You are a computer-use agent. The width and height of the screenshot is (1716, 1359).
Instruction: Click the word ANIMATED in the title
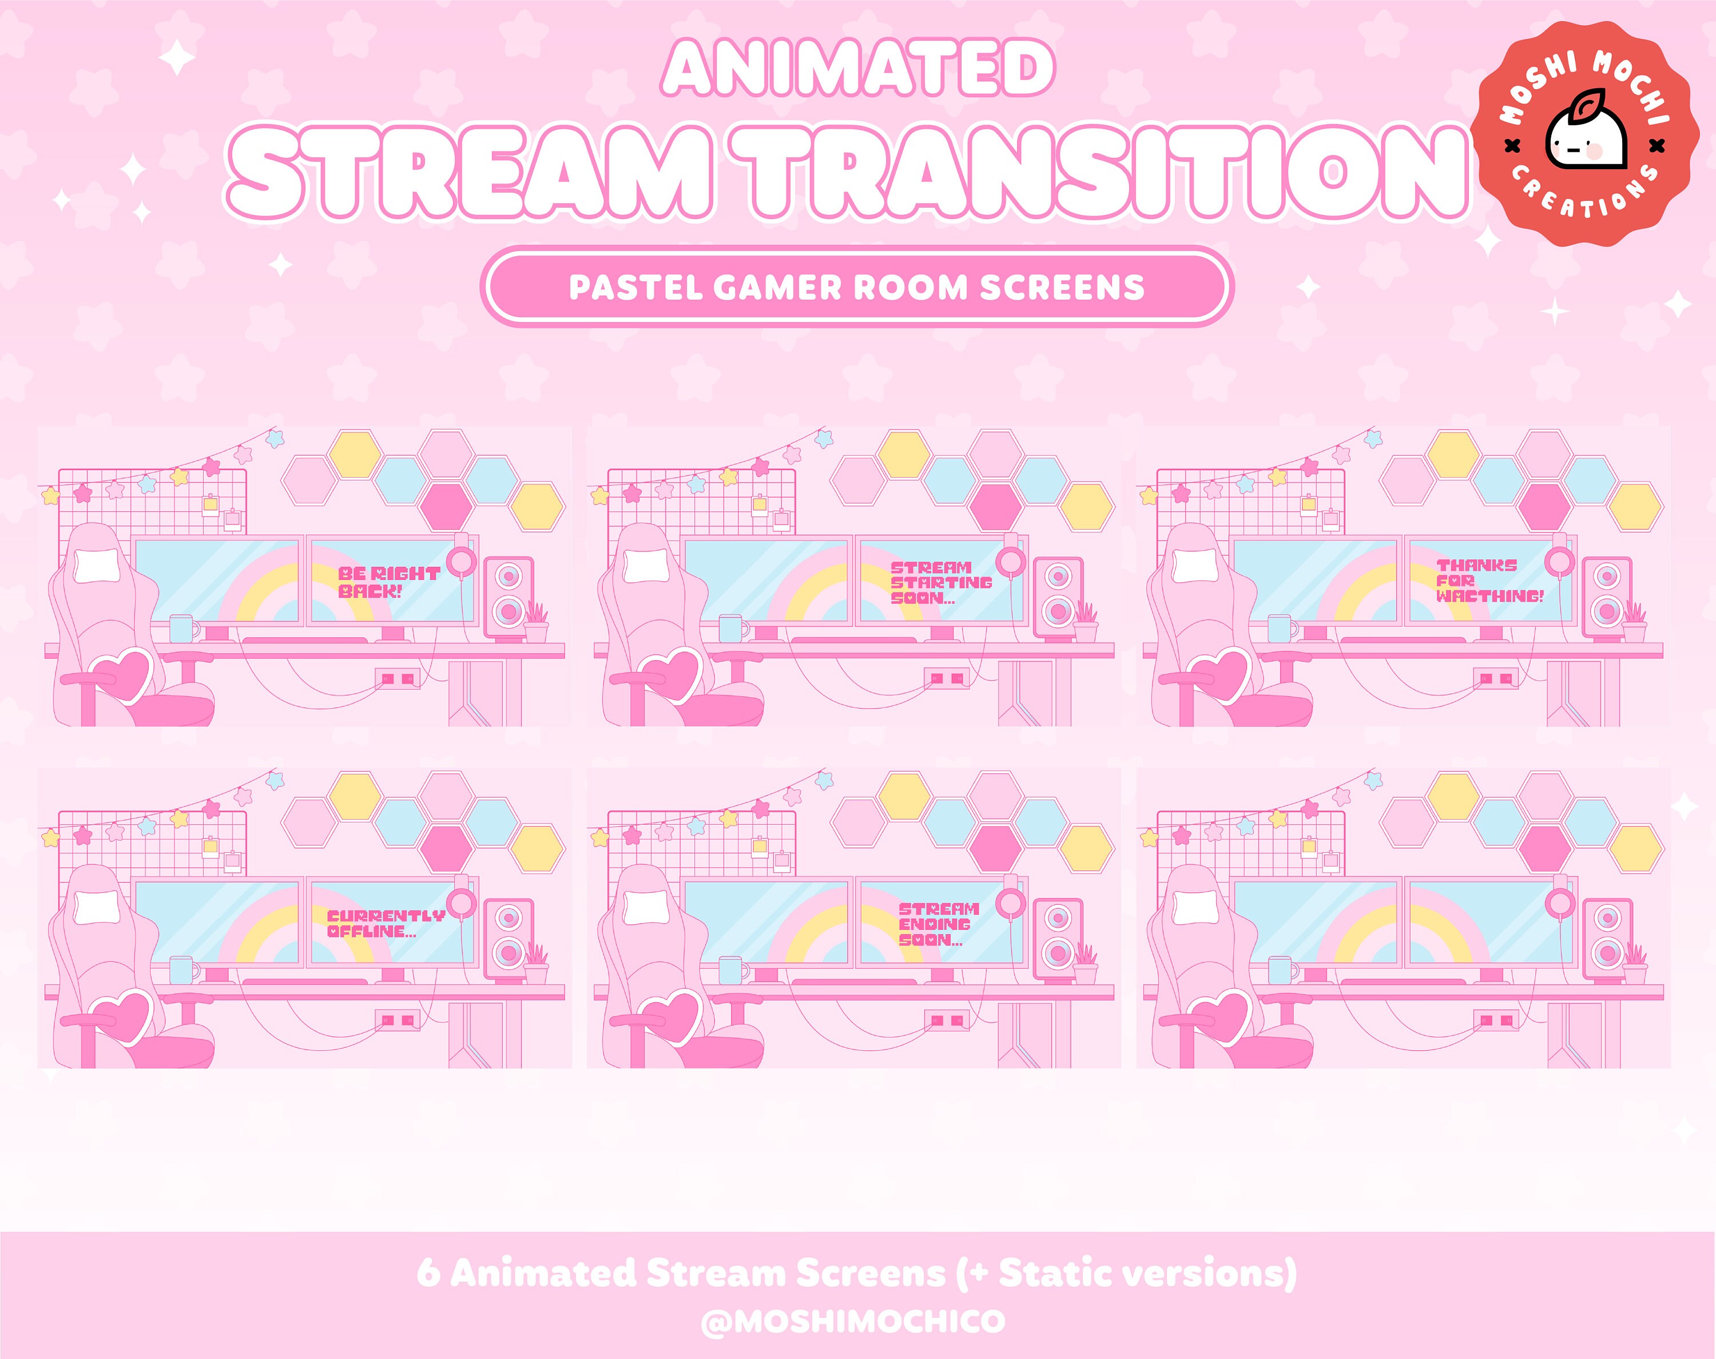[x=857, y=69]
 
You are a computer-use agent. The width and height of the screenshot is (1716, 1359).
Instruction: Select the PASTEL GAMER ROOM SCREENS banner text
[x=857, y=287]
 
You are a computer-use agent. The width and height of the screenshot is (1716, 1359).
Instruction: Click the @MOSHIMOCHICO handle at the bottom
[x=853, y=1322]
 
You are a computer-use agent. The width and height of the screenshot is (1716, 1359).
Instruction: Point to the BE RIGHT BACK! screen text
[x=389, y=582]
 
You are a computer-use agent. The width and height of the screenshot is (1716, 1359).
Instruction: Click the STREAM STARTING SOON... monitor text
[x=940, y=582]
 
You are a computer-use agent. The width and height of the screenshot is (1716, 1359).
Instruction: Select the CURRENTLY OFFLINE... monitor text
[x=385, y=923]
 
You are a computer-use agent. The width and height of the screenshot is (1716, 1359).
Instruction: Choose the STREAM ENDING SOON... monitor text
[x=939, y=924]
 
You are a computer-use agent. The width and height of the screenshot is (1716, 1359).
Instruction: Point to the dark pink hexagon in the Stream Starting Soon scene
[x=995, y=506]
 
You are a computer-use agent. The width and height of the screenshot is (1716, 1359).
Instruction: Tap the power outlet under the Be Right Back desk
[x=398, y=678]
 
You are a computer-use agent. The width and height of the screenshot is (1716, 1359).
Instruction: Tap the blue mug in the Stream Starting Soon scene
[x=732, y=629]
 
